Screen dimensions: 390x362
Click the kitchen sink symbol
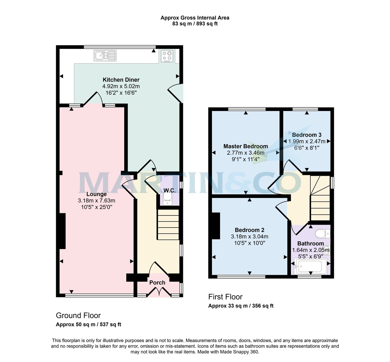pyautogui.click(x=105, y=55)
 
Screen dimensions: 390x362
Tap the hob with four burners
pyautogui.click(x=167, y=56)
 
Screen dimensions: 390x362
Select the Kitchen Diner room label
pyautogui.click(x=121, y=80)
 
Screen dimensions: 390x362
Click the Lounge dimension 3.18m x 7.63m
pyautogui.click(x=97, y=201)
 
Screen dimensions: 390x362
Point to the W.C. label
pyautogui.click(x=169, y=190)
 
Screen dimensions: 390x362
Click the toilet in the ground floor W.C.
pyautogui.click(x=167, y=199)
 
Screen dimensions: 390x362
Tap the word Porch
pyautogui.click(x=157, y=283)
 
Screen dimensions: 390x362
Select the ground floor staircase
pyautogui.click(x=168, y=225)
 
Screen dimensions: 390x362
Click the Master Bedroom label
pyautogui.click(x=246, y=146)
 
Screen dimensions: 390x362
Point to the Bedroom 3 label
pyautogui.click(x=307, y=135)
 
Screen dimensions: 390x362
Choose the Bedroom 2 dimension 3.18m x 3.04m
pyautogui.click(x=250, y=236)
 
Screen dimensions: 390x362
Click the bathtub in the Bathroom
pyautogui.click(x=309, y=267)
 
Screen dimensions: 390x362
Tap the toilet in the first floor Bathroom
pyautogui.click(x=322, y=234)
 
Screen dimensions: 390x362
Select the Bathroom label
pyautogui.click(x=310, y=244)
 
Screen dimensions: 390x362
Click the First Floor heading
pyautogui.click(x=225, y=297)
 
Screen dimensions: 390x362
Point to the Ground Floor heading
pyautogui.click(x=78, y=315)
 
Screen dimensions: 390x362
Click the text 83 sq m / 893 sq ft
pyautogui.click(x=195, y=24)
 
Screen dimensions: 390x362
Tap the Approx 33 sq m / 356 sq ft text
pyautogui.click(x=241, y=306)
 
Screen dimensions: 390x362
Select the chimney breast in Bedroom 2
pyautogui.click(x=216, y=226)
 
